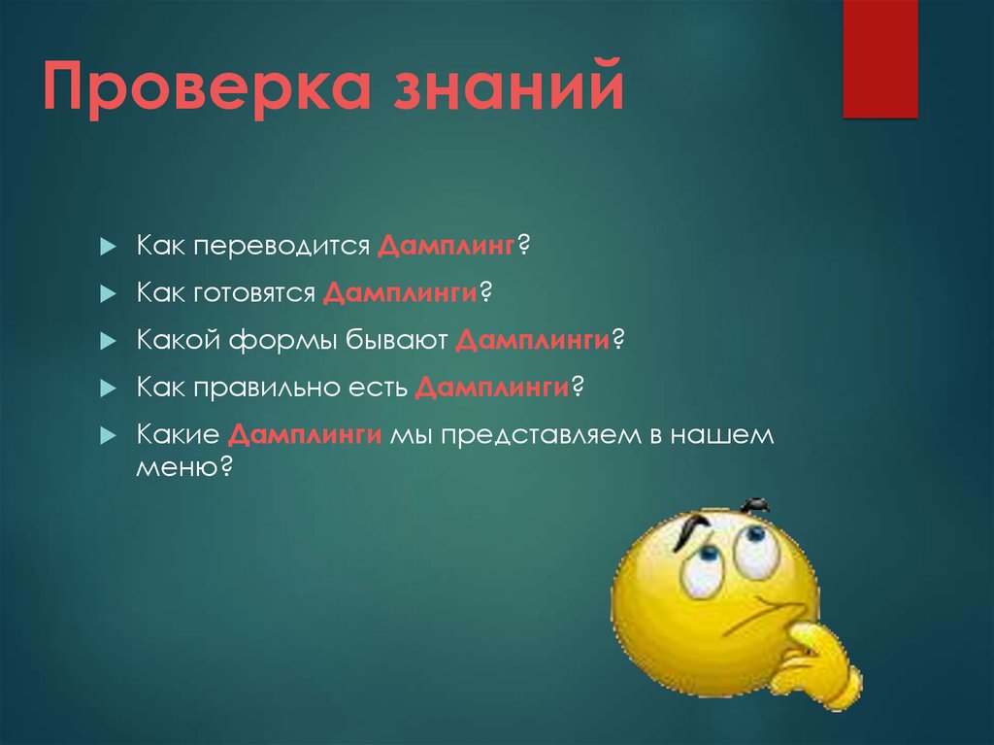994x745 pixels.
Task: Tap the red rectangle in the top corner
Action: (x=879, y=58)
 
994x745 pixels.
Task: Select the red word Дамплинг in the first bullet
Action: (x=446, y=245)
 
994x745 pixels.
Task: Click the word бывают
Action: (x=397, y=340)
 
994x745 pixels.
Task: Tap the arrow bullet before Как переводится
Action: (x=107, y=246)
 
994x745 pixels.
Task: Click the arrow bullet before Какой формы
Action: (x=107, y=341)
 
